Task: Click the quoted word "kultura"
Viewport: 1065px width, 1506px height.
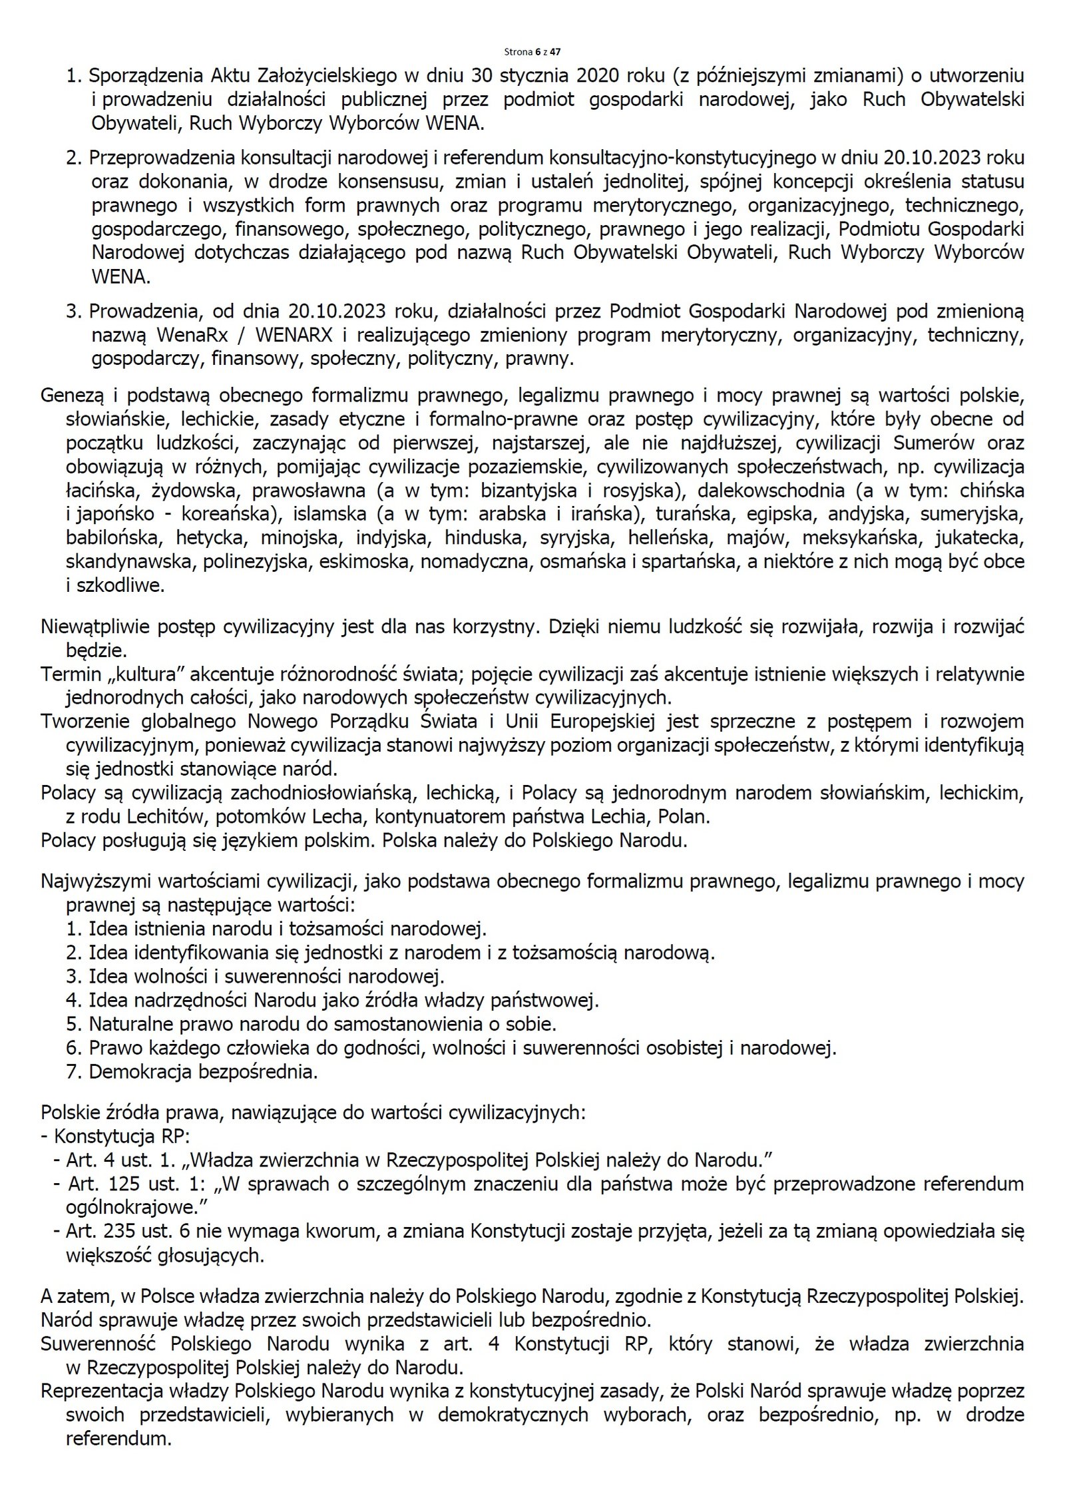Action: coord(151,674)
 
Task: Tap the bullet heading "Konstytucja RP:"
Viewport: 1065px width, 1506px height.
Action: coord(122,1136)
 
